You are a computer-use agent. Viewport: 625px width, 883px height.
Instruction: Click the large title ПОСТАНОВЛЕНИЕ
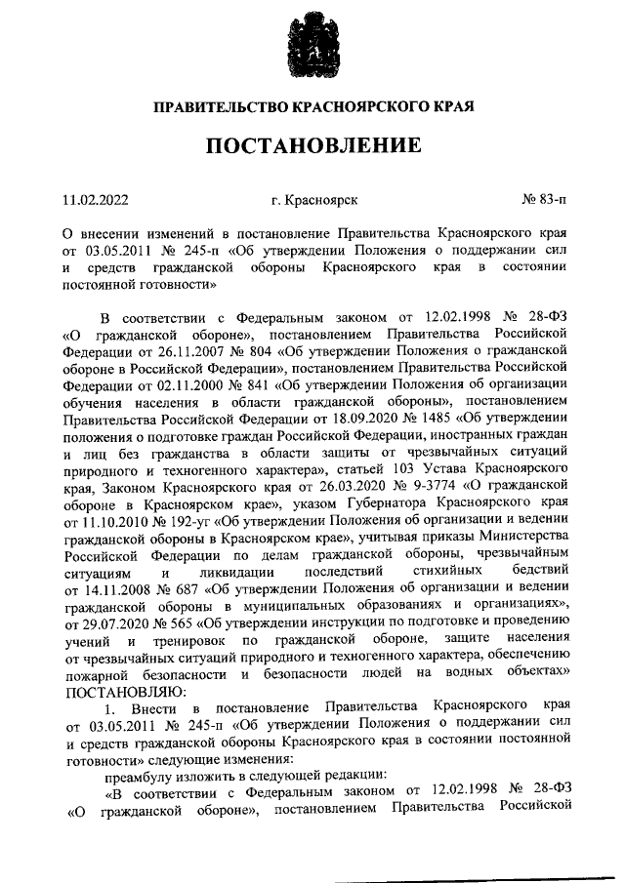pyautogui.click(x=312, y=147)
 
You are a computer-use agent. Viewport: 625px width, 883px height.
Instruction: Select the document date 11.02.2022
pyautogui.click(x=96, y=201)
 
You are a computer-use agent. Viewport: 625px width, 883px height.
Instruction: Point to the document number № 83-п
pyautogui.click(x=545, y=201)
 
